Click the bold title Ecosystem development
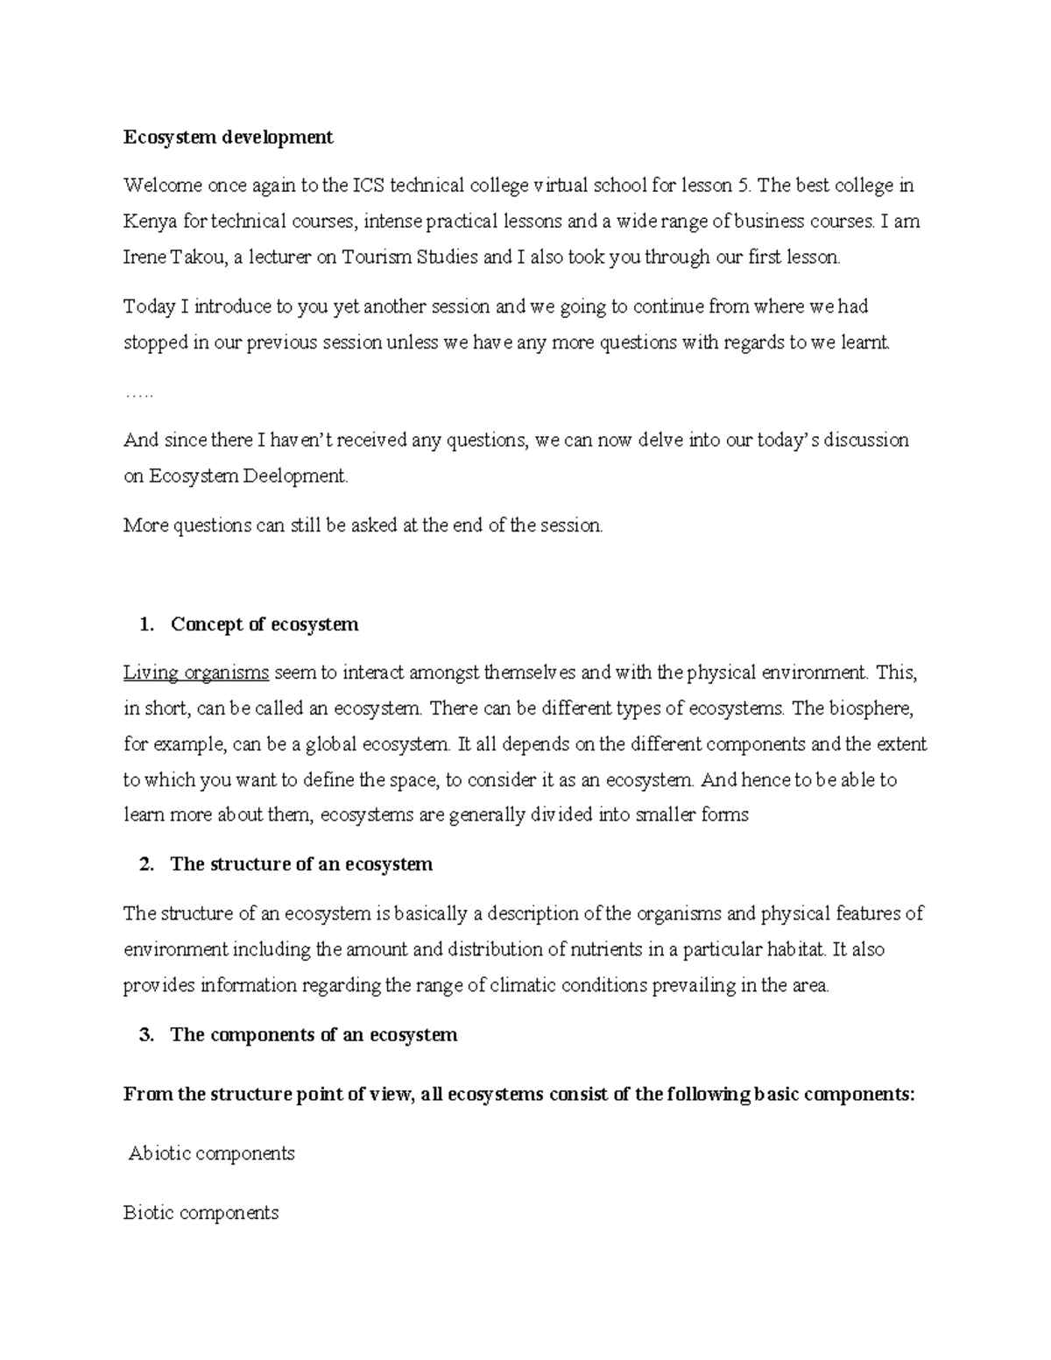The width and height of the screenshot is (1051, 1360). (228, 137)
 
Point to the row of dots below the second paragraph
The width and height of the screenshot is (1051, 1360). (138, 395)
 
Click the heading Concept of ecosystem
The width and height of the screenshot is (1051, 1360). (265, 624)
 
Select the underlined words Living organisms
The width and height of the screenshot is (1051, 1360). (196, 673)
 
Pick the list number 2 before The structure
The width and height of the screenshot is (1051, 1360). (145, 864)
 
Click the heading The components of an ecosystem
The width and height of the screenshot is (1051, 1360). (314, 1035)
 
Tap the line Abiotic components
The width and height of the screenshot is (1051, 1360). (211, 1153)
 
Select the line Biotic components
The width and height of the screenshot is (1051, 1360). (201, 1213)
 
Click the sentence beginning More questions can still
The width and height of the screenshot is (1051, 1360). (363, 525)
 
